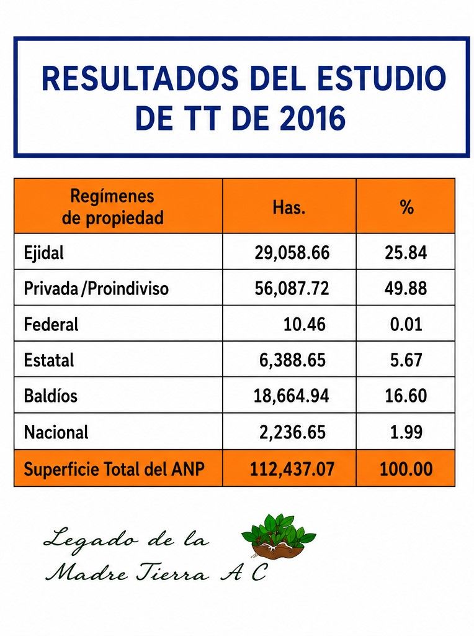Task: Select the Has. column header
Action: (x=289, y=207)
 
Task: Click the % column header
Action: (x=406, y=207)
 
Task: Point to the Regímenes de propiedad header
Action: (x=113, y=207)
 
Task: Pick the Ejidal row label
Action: (x=44, y=253)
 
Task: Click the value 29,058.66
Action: (x=292, y=253)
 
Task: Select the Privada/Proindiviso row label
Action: (x=96, y=288)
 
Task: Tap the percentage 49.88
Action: (x=406, y=288)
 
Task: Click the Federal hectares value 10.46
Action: (x=304, y=324)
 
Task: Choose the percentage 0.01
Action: (x=406, y=324)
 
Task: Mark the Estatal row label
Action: (x=49, y=360)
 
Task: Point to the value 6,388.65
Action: (x=292, y=360)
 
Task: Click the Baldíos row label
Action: (x=51, y=396)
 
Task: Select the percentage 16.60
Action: (x=406, y=396)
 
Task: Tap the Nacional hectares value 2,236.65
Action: (x=292, y=432)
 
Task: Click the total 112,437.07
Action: (x=292, y=469)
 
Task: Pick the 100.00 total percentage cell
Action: (x=406, y=469)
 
